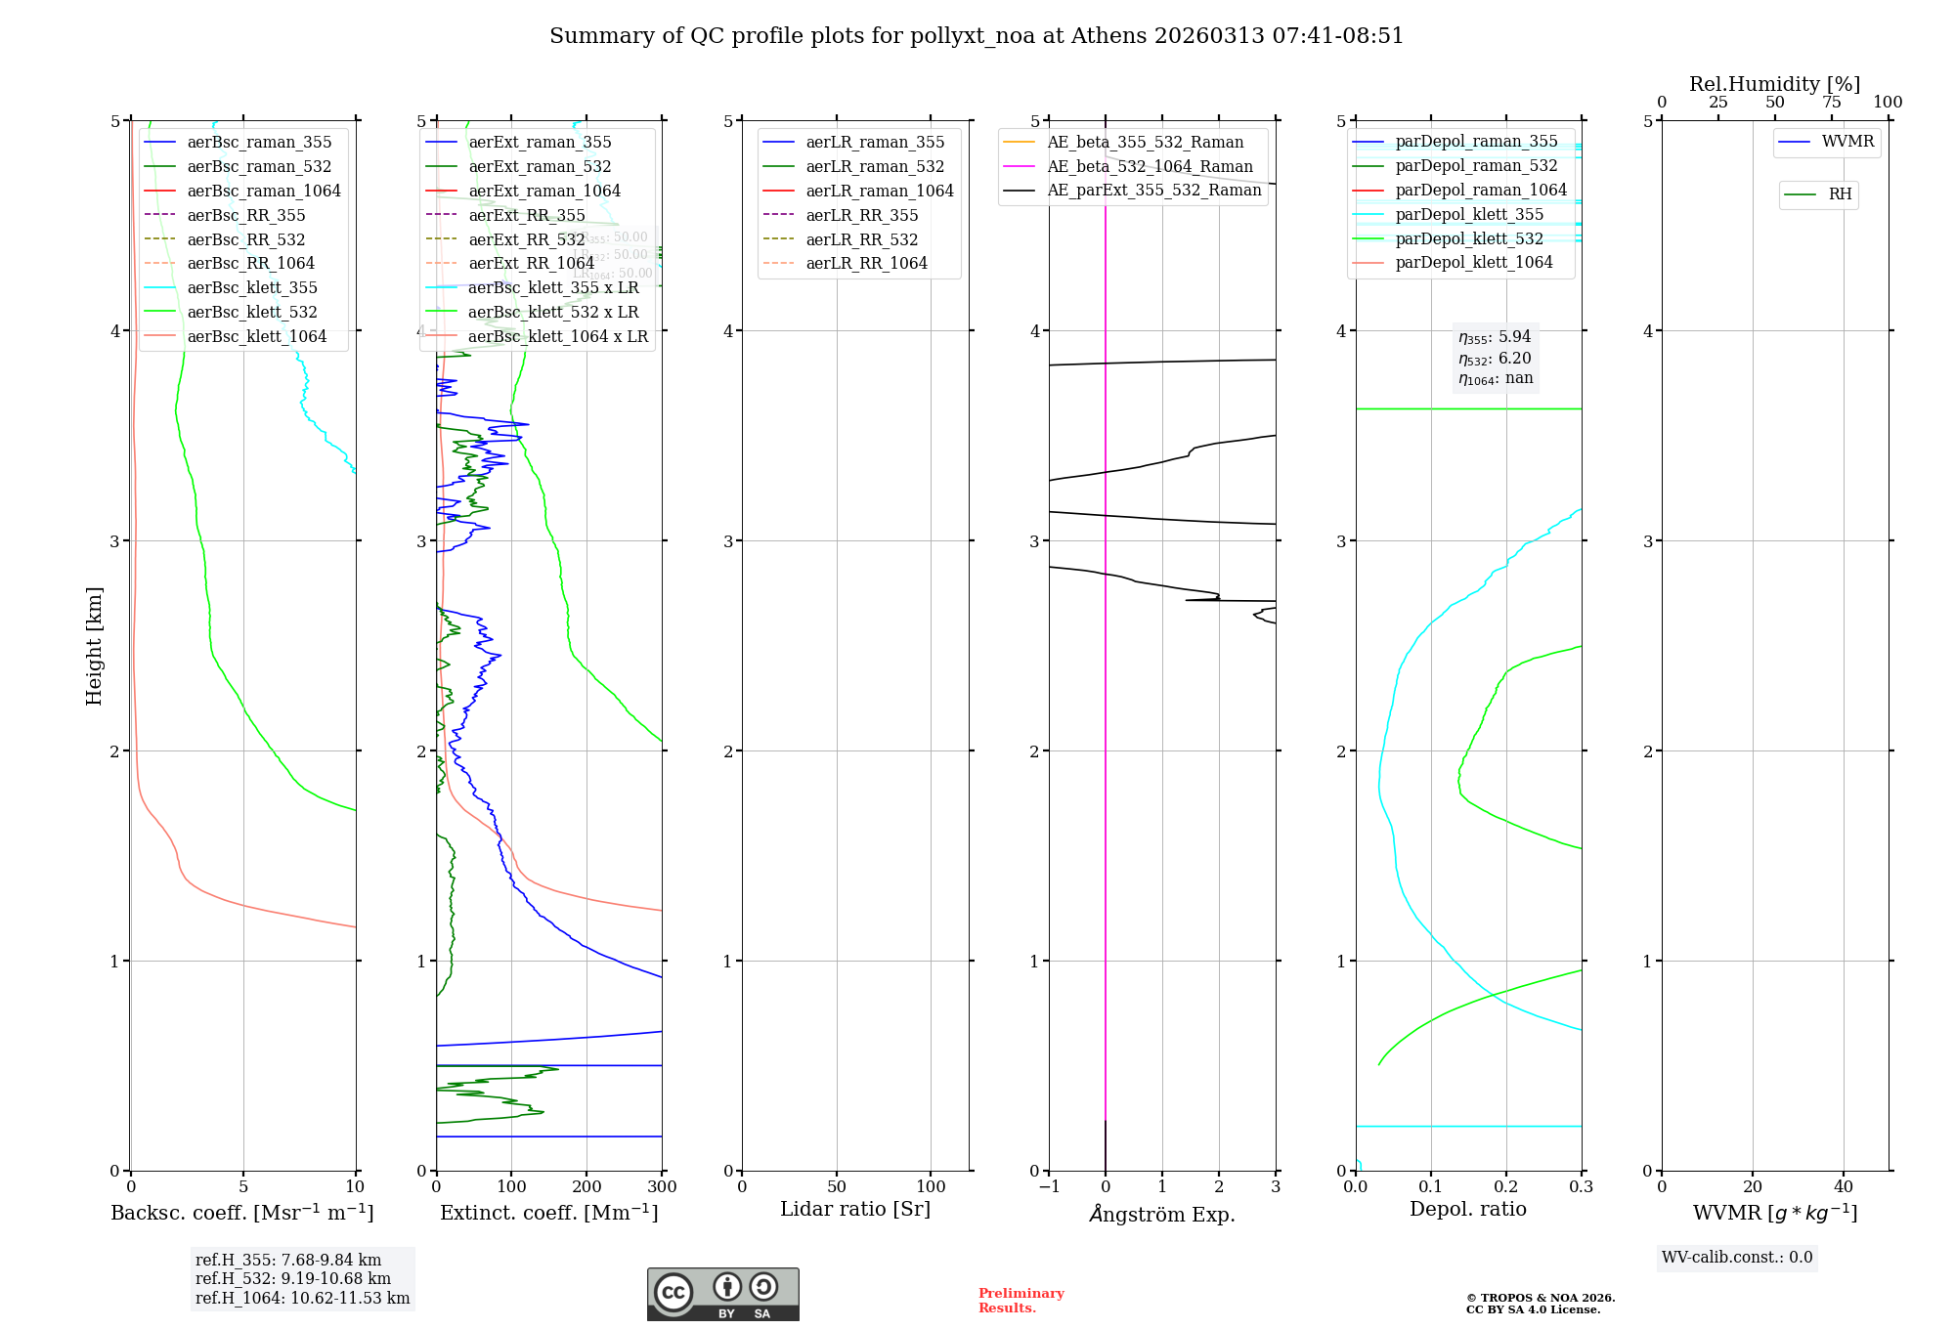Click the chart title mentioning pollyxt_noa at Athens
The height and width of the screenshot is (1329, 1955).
(x=977, y=36)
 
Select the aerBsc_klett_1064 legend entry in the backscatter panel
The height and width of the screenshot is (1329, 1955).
(x=256, y=336)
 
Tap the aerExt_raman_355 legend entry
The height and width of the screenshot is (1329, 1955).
(x=540, y=143)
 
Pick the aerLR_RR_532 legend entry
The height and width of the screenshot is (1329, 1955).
(x=862, y=239)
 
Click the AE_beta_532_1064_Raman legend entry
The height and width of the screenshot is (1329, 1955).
(x=1150, y=166)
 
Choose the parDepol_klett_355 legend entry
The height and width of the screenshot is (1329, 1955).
(x=1469, y=214)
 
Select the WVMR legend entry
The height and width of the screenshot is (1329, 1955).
(x=1847, y=142)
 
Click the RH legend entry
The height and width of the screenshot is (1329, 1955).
(x=1840, y=194)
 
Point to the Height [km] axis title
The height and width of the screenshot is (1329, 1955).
(x=94, y=646)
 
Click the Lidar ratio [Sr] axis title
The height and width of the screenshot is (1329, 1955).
(x=855, y=1209)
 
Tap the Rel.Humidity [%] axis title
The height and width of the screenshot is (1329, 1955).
(x=1774, y=84)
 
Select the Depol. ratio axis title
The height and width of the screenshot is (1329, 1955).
(x=1467, y=1209)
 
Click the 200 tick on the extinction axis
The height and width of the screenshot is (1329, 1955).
(x=586, y=1187)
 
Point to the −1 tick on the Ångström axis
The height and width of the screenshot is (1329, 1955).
(x=1049, y=1187)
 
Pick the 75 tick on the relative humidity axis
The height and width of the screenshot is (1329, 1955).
(x=1832, y=103)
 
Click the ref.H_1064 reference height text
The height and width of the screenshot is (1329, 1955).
(x=302, y=1298)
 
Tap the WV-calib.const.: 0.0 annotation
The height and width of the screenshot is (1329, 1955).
(x=1737, y=1258)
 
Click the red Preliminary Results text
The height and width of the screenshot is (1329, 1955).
(x=1021, y=1301)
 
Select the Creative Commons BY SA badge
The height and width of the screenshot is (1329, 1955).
(x=722, y=1295)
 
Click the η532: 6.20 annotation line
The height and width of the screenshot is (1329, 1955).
(x=1495, y=359)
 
